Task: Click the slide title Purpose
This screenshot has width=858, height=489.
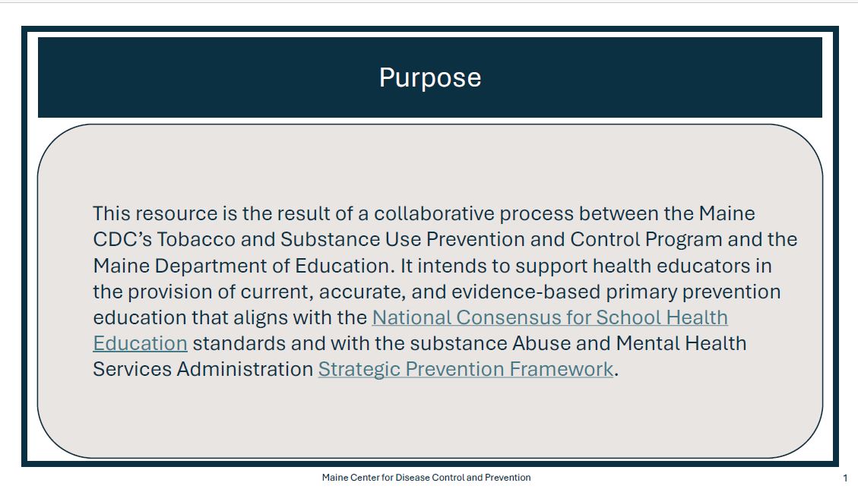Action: (x=430, y=78)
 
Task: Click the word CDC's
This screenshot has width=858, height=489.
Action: (x=122, y=240)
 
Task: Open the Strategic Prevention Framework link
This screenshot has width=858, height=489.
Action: (x=466, y=370)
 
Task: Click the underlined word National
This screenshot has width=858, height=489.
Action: (x=411, y=318)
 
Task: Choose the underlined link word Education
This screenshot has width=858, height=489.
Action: (x=140, y=343)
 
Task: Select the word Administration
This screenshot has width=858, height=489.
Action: (x=245, y=369)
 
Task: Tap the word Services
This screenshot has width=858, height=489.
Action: (x=132, y=369)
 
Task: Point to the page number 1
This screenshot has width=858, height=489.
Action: (x=845, y=478)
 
